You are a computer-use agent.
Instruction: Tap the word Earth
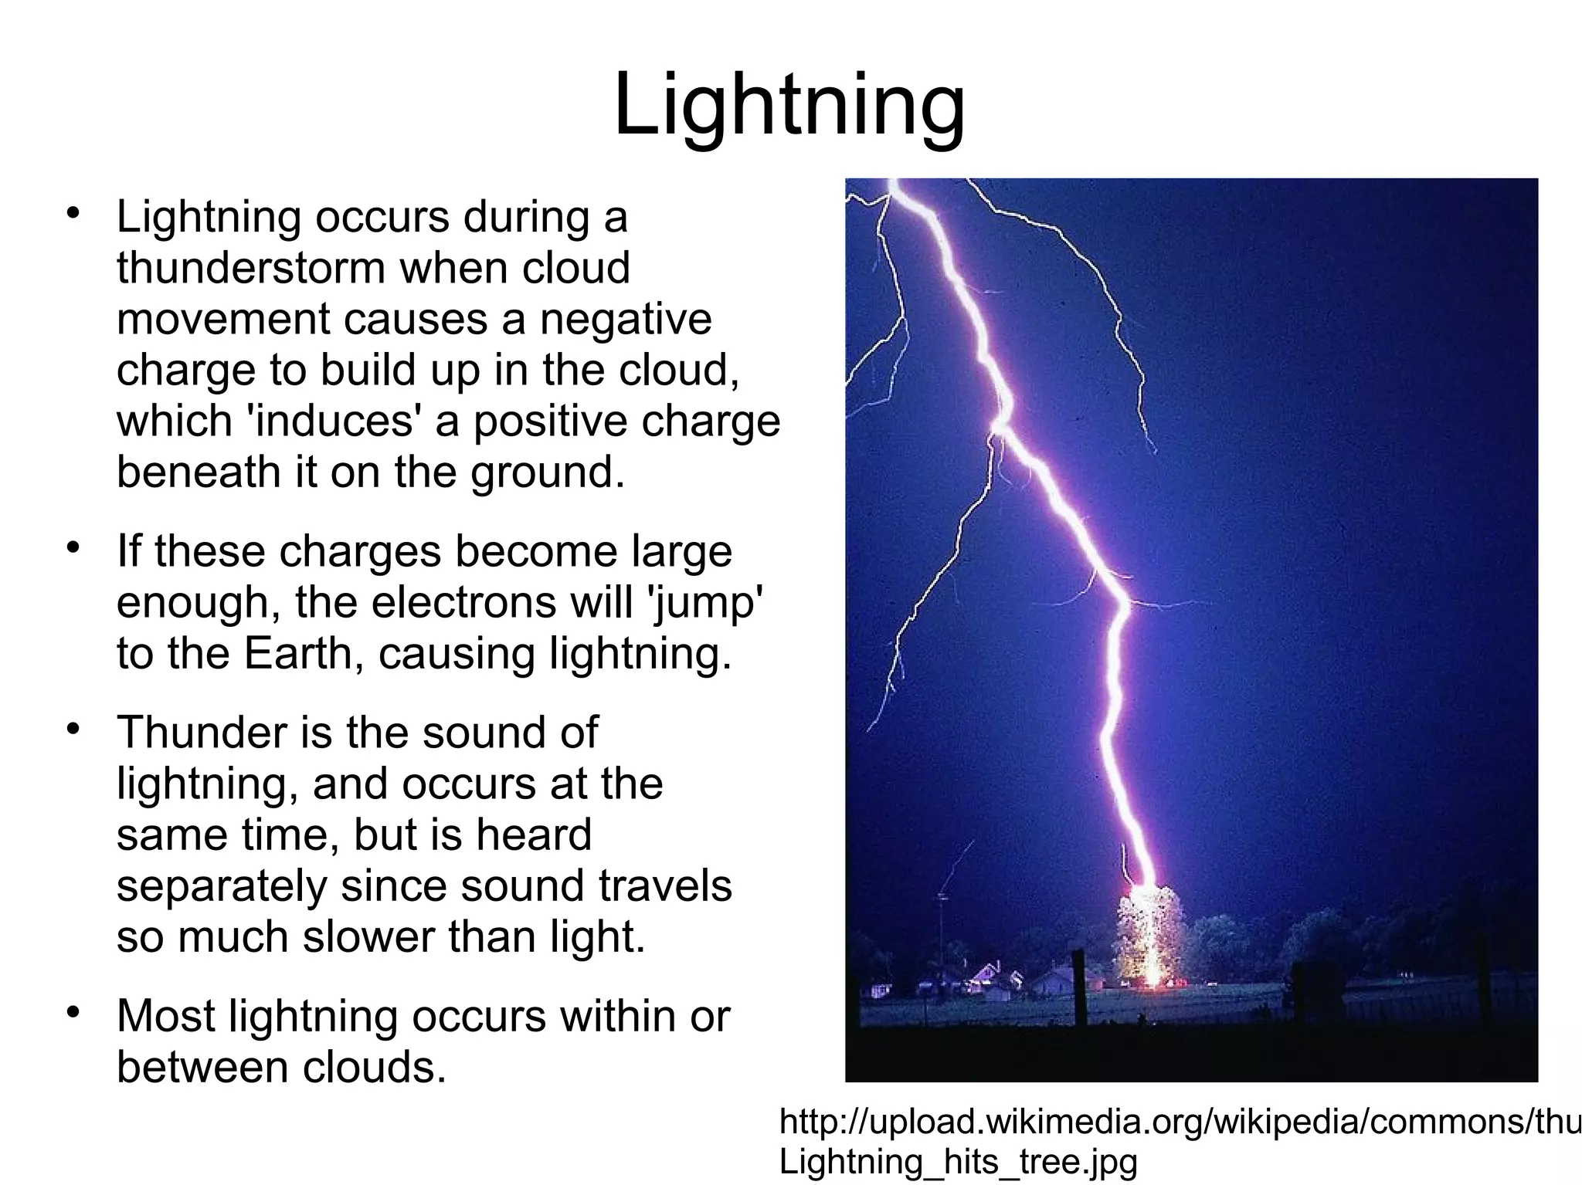point(298,653)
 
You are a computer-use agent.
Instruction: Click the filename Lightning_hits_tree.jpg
point(958,1162)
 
